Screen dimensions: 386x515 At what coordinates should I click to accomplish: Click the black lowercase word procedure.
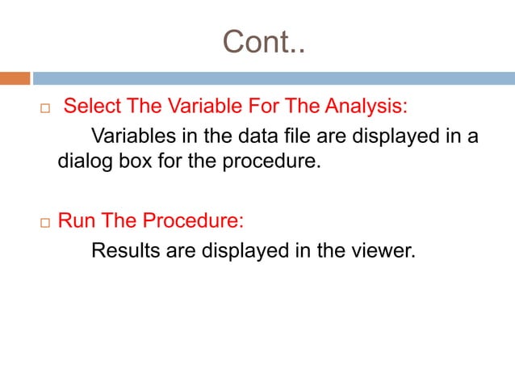pyautogui.click(x=273, y=163)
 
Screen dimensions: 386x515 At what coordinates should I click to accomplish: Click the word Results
pyautogui.click(x=127, y=251)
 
